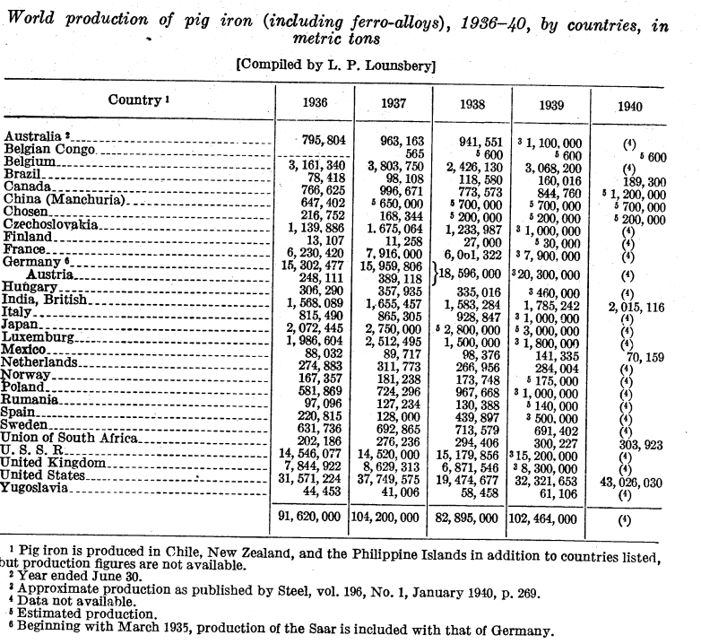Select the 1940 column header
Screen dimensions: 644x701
630,105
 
